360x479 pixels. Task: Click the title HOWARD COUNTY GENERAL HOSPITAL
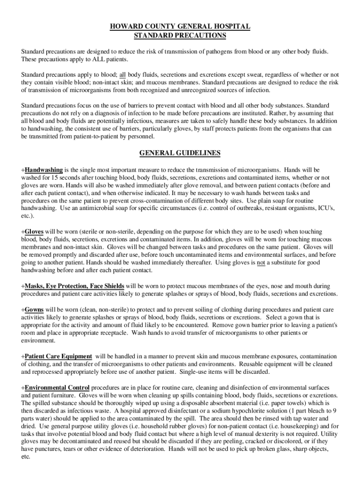point(180,27)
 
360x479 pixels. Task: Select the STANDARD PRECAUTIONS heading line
point(180,36)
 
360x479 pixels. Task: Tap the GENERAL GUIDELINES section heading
point(180,153)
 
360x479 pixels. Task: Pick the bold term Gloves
point(34,232)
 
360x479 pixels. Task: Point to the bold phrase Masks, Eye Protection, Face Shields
point(74,285)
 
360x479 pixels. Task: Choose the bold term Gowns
point(34,309)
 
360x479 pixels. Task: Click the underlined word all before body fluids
point(123,75)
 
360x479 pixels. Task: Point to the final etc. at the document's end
point(26,457)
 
